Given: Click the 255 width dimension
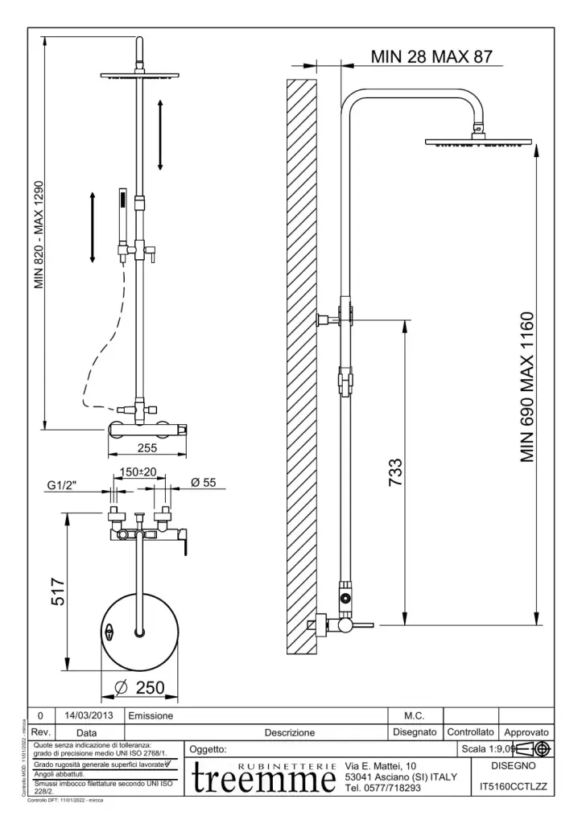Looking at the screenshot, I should click(x=146, y=447).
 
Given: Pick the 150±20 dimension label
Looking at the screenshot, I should click(x=138, y=472).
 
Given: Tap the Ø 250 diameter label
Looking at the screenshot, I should click(x=140, y=689).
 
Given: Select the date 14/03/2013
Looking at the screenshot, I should click(x=89, y=715).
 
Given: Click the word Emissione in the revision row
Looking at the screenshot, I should click(x=145, y=715).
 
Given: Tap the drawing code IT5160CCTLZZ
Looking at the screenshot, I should click(x=514, y=787).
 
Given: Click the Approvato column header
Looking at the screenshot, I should click(x=526, y=732).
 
